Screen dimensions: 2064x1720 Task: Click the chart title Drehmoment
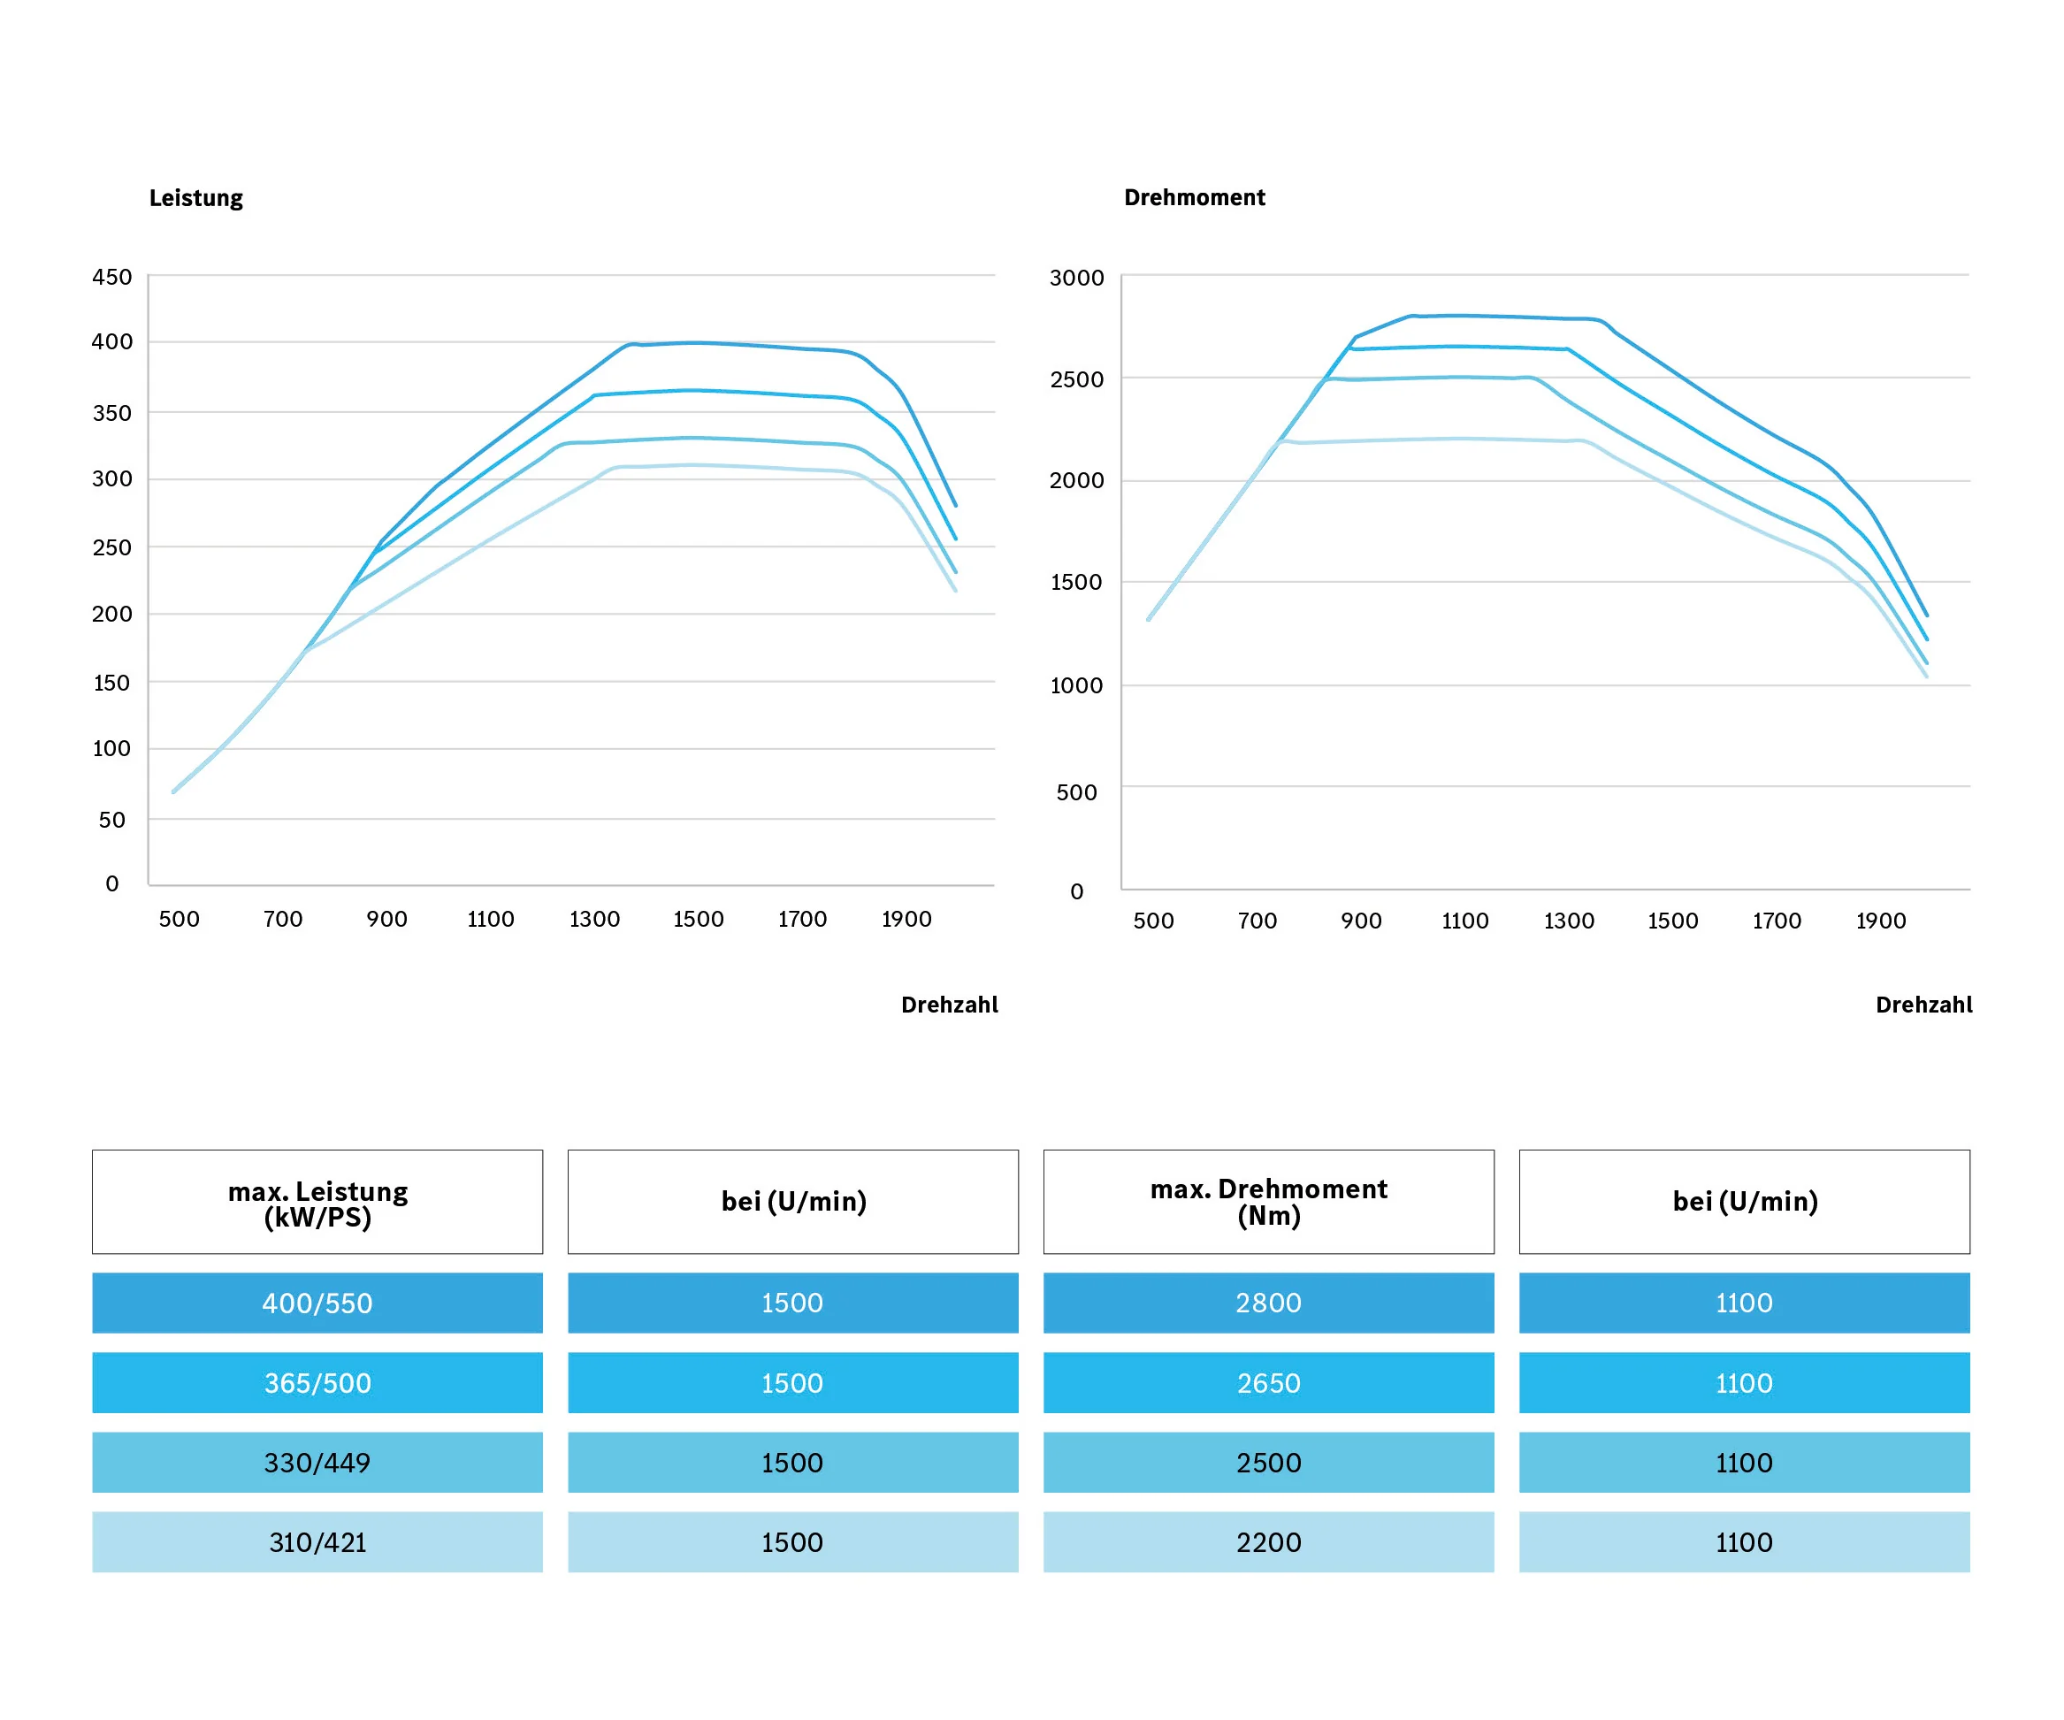coord(1194,197)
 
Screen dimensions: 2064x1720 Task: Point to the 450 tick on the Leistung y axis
coord(112,277)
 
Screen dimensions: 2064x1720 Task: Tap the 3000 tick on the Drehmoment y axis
coord(1076,279)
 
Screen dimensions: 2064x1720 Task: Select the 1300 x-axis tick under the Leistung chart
coord(594,919)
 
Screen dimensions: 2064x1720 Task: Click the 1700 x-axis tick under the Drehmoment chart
coord(1777,921)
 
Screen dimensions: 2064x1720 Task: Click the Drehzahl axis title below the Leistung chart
coord(950,1005)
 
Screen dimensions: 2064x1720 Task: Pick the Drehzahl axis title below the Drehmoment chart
coord(1923,1005)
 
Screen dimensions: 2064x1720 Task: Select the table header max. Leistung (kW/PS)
coord(317,1203)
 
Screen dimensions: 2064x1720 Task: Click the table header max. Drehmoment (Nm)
coord(1269,1202)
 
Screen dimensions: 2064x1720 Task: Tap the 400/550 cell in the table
coord(317,1303)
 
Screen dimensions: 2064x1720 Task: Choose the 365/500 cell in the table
coord(317,1383)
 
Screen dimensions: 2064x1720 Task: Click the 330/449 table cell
coord(317,1463)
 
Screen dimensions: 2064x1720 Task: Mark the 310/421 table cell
coord(317,1542)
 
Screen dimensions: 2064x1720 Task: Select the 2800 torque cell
coord(1269,1303)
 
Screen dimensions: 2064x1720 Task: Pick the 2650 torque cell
coord(1269,1383)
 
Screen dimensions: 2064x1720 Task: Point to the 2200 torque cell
coord(1269,1542)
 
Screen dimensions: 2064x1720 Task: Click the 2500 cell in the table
coord(1269,1463)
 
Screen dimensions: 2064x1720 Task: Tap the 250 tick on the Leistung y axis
coord(112,547)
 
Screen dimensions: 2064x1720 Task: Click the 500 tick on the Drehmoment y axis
coord(1076,792)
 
